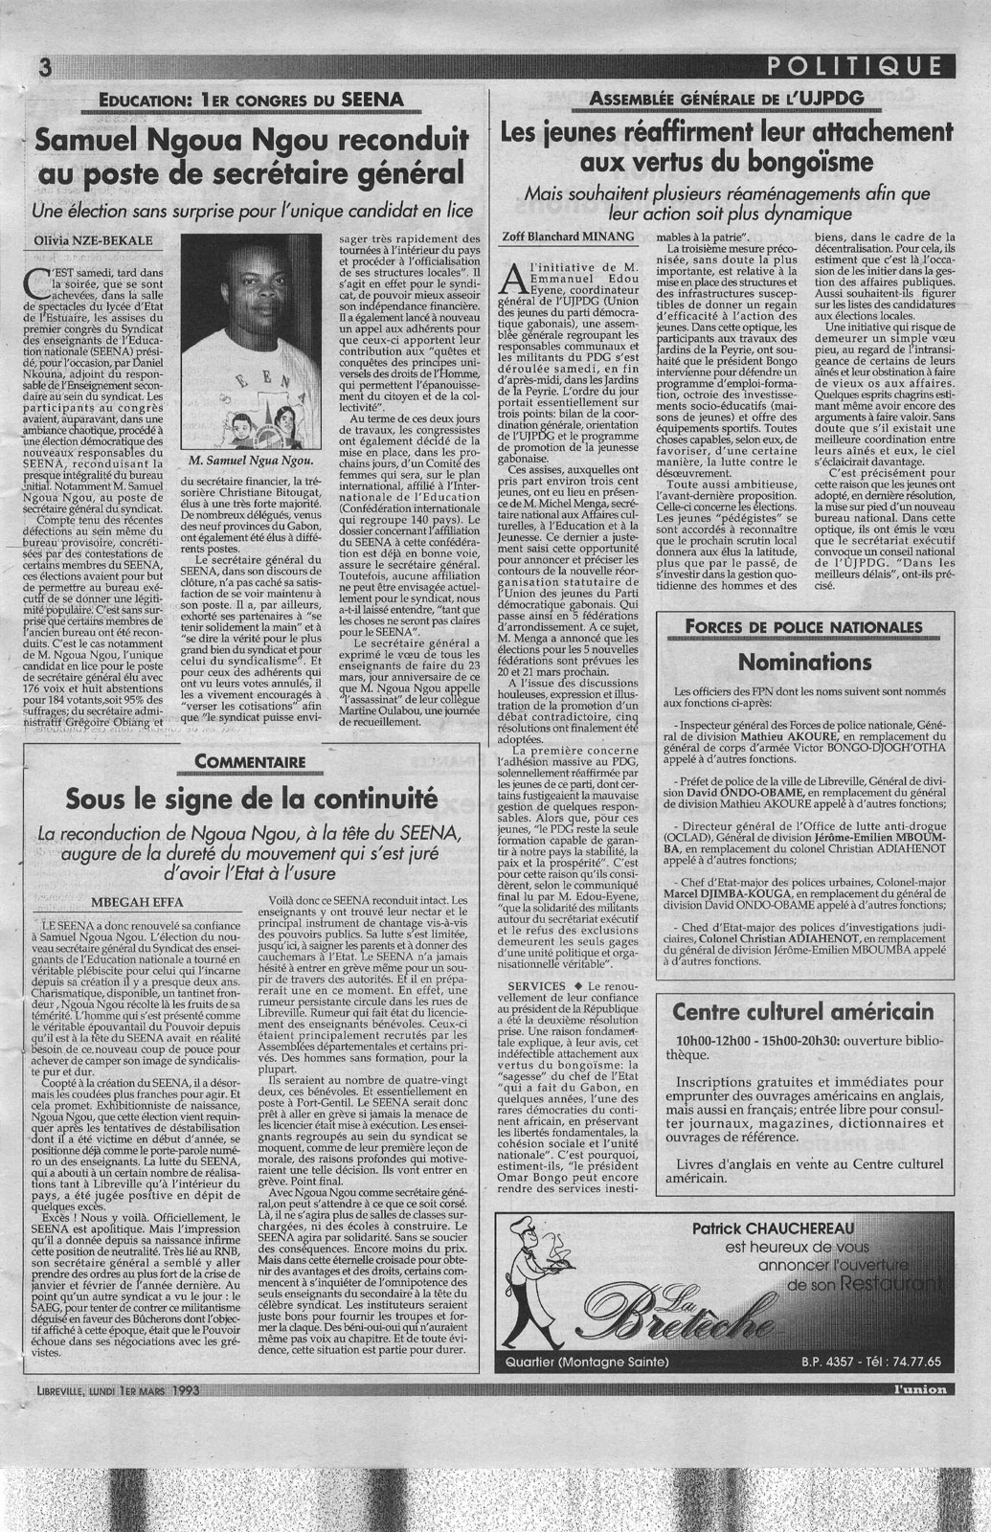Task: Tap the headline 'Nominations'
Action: [805, 662]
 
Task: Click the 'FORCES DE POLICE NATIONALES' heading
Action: [804, 627]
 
